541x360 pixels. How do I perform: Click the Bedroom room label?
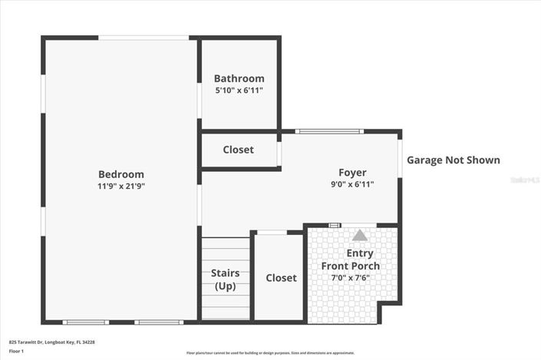[x=120, y=174]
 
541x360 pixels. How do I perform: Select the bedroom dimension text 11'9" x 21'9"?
[x=120, y=186]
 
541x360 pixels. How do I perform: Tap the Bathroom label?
[x=239, y=78]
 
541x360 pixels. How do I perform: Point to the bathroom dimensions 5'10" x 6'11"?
[x=239, y=91]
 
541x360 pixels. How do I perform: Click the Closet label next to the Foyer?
[x=238, y=150]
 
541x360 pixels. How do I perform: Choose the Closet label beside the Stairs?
[x=281, y=278]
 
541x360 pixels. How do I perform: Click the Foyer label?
[x=352, y=173]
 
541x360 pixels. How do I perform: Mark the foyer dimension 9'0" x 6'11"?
[x=352, y=184]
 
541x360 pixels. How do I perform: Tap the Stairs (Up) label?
[x=225, y=279]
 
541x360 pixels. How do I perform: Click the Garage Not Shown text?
[x=453, y=160]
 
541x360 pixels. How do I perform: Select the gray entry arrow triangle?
[x=359, y=235]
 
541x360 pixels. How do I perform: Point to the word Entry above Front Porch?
[x=360, y=253]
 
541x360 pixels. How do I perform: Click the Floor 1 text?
[x=16, y=351]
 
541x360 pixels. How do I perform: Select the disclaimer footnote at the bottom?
[x=270, y=352]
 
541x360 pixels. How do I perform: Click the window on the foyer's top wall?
[x=328, y=131]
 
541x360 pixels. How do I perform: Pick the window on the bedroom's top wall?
[x=143, y=37]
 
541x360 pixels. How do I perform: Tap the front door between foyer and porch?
[x=334, y=225]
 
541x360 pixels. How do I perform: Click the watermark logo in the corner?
[x=526, y=179]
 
